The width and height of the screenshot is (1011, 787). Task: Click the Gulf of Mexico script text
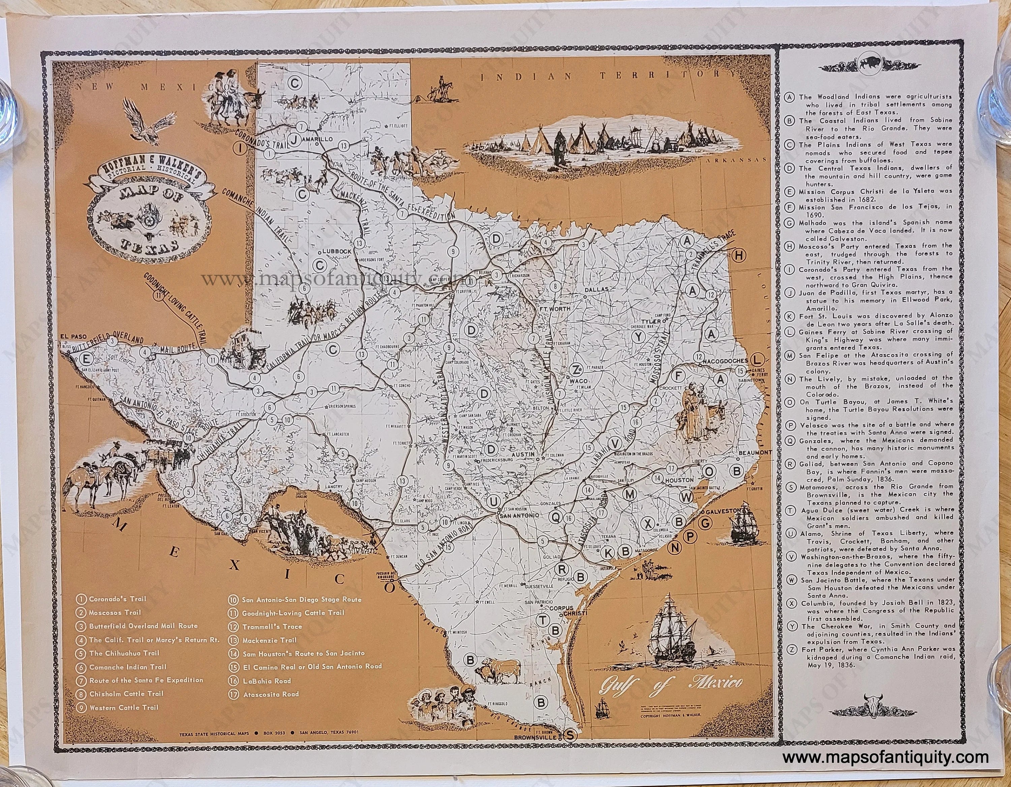pyautogui.click(x=671, y=683)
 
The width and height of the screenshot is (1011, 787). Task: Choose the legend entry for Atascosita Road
pyautogui.click(x=271, y=694)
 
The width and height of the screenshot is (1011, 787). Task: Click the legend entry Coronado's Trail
pyautogui.click(x=117, y=599)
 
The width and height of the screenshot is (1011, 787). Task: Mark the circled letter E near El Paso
pyautogui.click(x=86, y=358)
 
